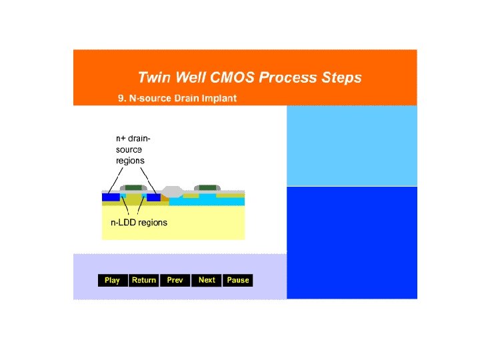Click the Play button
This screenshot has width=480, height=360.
[113, 280]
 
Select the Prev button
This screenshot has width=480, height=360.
[175, 280]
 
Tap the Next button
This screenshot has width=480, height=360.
[207, 280]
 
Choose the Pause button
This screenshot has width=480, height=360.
[238, 280]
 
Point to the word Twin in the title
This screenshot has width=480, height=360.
[153, 77]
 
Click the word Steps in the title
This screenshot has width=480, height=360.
[340, 77]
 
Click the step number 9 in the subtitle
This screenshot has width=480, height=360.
[121, 99]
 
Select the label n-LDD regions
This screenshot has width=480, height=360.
[139, 223]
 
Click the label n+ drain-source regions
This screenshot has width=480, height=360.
[133, 149]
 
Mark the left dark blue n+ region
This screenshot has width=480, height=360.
[111, 197]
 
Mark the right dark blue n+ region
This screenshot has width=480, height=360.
[153, 197]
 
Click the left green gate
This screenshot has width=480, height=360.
[134, 187]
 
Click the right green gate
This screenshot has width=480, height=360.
[207, 187]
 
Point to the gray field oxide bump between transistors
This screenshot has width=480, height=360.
[172, 191]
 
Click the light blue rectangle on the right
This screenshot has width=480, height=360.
[352, 145]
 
